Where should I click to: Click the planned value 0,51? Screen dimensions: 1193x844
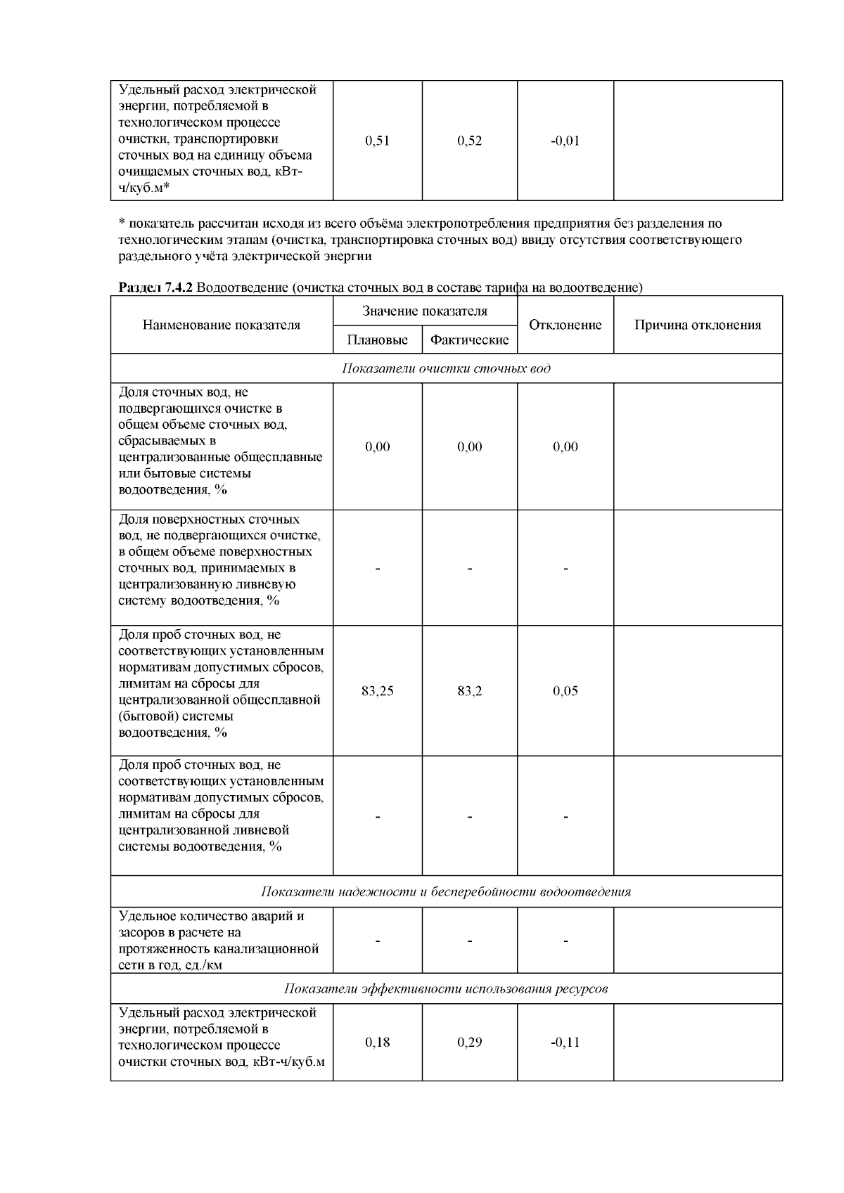378,141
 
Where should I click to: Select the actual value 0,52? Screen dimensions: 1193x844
469,141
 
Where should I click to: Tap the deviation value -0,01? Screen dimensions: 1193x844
565,141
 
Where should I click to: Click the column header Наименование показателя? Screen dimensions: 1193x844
222,325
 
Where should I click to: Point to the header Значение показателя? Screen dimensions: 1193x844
425,311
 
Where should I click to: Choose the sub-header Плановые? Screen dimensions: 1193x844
378,340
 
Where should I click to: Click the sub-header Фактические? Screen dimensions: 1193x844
469,340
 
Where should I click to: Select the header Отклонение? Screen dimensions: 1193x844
565,325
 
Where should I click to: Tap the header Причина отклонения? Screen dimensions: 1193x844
698,325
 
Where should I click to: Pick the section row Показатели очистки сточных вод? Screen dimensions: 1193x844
446,368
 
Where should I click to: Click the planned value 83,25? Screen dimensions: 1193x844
378,691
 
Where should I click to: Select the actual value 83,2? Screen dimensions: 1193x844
469,691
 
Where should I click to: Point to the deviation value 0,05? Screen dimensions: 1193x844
565,691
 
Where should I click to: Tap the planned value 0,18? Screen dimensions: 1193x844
378,1043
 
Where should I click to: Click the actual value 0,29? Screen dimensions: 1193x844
469,1043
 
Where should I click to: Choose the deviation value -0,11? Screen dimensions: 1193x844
565,1043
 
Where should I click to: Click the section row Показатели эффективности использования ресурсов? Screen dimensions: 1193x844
446,989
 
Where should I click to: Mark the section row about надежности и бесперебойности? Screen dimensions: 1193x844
446,892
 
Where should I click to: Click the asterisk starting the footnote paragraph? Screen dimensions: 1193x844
121,224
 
